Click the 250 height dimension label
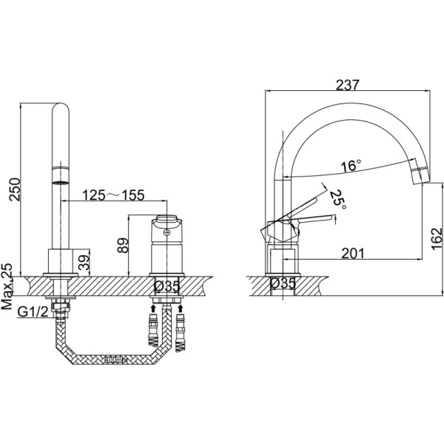[15, 189]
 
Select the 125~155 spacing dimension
[113, 195]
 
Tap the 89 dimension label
[123, 245]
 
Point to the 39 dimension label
[84, 262]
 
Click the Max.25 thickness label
[7, 286]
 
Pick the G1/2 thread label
[33, 312]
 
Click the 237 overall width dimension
[348, 85]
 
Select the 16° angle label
[351, 166]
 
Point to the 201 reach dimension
[353, 253]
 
